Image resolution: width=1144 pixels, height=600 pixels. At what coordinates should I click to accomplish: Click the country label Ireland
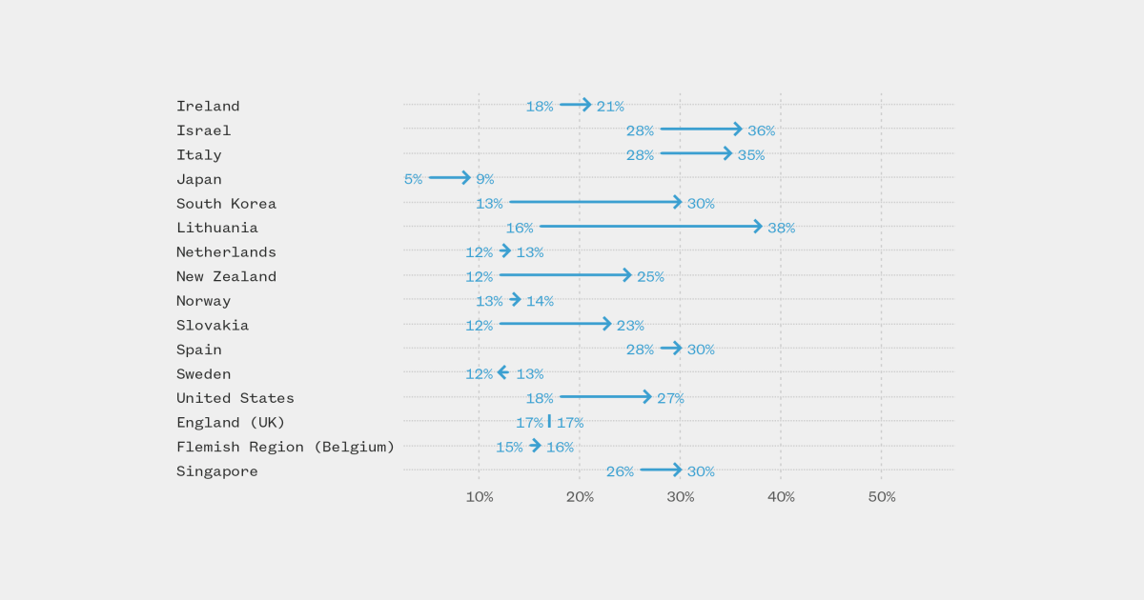208,106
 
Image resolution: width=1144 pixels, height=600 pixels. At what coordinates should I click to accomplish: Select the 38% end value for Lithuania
782,228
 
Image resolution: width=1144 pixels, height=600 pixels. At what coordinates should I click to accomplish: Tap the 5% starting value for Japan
413,179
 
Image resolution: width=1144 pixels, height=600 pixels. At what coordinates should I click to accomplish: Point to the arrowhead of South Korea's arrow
677,202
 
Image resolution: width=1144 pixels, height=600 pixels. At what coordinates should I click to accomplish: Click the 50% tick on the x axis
881,497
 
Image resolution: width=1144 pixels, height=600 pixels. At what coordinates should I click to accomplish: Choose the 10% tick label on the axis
479,497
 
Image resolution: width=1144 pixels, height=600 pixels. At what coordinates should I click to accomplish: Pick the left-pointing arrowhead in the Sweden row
501,372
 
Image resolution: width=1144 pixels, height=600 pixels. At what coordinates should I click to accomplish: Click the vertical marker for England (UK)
549,421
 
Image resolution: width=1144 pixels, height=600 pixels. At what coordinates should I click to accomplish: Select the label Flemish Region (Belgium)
285,447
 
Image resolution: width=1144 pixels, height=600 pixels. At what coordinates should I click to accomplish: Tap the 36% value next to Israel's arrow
761,130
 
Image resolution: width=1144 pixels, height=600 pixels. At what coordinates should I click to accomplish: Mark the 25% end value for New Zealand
650,277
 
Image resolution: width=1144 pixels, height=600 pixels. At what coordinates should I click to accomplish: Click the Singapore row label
216,471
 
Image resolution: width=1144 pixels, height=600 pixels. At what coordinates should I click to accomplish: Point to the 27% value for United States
670,398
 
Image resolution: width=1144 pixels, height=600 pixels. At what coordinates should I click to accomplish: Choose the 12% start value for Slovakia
479,326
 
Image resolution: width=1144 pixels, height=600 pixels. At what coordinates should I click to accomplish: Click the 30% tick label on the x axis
680,497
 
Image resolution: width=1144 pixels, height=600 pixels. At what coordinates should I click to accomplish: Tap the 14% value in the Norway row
540,301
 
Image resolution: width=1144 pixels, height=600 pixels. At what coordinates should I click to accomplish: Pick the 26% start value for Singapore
620,471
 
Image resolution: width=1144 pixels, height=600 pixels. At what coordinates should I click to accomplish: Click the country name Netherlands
226,252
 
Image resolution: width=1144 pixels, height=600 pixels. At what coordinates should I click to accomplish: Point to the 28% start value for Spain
640,350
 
